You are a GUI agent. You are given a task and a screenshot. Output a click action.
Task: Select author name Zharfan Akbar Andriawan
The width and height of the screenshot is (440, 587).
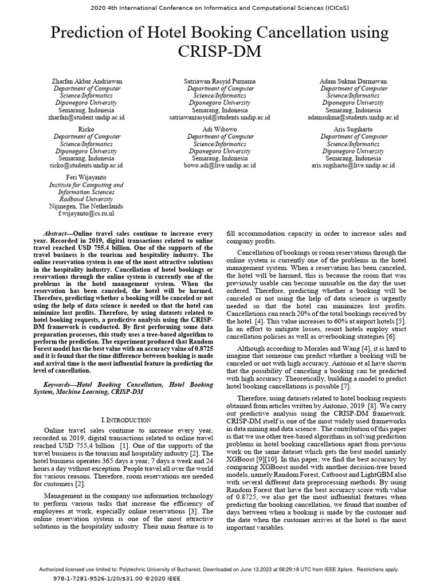[x=87, y=81]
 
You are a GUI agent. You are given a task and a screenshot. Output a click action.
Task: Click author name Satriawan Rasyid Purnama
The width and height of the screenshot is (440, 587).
[x=220, y=81]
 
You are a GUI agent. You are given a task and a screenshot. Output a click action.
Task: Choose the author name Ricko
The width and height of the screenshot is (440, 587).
[x=87, y=130]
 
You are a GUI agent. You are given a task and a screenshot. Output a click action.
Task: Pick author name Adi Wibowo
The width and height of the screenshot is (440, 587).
[x=220, y=130]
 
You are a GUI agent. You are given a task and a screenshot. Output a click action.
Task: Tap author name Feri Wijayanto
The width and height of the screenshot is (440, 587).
[x=86, y=178]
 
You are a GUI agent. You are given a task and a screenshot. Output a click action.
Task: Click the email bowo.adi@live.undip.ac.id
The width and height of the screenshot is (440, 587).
[x=220, y=165]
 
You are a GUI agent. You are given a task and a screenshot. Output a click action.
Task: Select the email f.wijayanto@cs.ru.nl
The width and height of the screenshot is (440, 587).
[x=86, y=213]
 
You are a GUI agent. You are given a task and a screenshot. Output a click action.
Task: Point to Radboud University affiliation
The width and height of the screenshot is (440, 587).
[x=86, y=199]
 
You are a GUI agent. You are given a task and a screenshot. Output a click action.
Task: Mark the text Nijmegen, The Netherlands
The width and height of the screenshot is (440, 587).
[x=86, y=206]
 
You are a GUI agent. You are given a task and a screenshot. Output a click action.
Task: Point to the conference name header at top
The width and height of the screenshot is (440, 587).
[x=220, y=8]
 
